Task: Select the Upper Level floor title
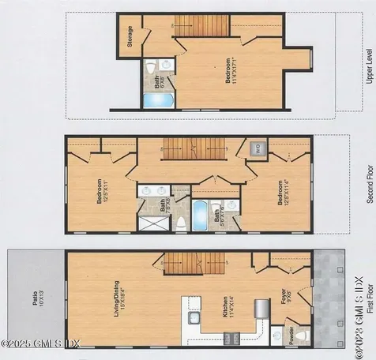(367, 68)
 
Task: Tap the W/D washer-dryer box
(258, 148)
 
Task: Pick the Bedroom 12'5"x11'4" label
(281, 193)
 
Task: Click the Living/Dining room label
(118, 300)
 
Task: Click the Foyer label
(284, 301)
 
